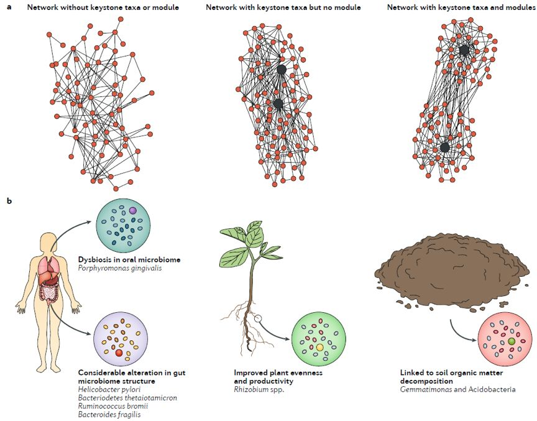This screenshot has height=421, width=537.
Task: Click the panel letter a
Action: point(9,7)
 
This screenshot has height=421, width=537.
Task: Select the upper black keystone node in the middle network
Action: point(281,70)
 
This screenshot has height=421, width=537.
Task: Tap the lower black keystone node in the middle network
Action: point(278,103)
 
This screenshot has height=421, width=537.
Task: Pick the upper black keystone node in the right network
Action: point(464,50)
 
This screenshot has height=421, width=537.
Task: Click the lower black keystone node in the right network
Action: point(445,147)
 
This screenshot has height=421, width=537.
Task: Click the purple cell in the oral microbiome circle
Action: point(132,212)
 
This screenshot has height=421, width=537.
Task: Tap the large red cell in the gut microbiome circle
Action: point(119,353)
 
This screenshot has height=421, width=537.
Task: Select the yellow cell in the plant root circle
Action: point(319,346)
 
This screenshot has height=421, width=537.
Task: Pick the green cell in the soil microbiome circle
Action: point(511,341)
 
